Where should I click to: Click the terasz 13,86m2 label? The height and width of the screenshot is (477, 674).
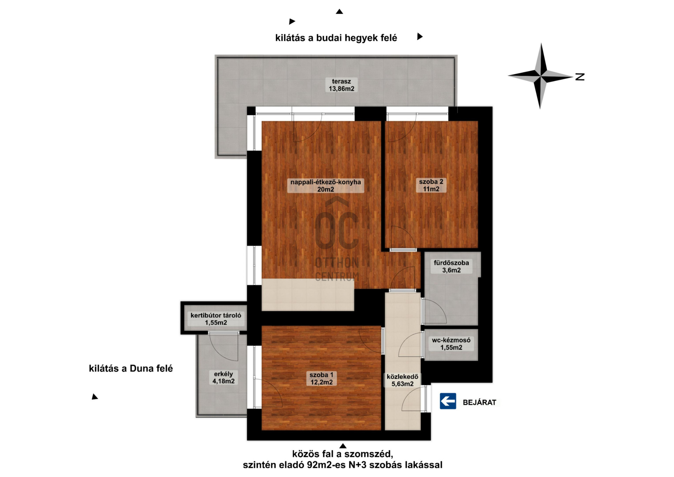341,85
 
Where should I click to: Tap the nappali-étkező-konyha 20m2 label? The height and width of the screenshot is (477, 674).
325,186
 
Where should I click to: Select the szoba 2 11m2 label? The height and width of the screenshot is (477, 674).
431,185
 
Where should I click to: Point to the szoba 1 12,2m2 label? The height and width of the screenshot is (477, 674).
322,379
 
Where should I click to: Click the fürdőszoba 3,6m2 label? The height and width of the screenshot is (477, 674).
451,266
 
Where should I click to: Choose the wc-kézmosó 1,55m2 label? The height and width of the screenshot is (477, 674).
451,344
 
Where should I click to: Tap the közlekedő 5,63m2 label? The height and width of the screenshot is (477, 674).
403,380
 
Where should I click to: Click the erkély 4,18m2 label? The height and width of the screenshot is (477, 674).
224,378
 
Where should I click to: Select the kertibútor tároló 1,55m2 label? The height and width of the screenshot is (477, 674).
216,319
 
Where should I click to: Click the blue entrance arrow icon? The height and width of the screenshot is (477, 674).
448,401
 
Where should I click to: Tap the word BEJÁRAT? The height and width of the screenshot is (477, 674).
480,403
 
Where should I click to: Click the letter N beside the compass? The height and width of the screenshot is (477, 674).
580,77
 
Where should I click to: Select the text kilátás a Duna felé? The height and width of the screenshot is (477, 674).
131,368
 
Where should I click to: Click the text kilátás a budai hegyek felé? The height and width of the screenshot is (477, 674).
336,38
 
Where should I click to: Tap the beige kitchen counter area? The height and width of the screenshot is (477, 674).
308,295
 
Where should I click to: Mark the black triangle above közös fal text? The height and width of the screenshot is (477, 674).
343,446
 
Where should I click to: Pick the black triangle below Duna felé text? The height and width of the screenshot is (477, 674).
95,397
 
